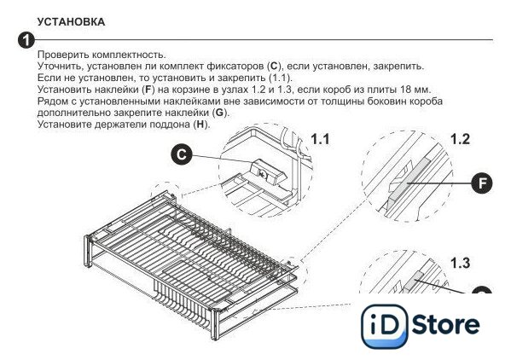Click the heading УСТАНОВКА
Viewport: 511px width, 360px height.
coord(71,22)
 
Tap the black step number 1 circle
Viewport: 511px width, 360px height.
coord(26,40)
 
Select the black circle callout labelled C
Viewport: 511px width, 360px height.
coord(182,154)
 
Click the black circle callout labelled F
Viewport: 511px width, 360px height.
coord(482,183)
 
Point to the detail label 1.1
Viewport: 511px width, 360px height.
coord(320,139)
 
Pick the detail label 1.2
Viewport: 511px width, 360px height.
coord(460,139)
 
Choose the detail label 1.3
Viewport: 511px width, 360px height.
coord(460,263)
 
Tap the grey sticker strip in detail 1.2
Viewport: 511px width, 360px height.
coord(409,180)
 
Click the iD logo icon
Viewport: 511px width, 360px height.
coord(385,326)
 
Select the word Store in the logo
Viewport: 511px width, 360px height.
coord(446,325)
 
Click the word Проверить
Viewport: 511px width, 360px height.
coord(63,55)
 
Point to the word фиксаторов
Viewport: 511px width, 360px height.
coord(235,67)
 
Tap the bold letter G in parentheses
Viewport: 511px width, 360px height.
coord(219,113)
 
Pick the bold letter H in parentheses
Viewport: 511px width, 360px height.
coord(200,125)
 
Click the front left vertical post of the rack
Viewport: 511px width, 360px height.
coord(88,251)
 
